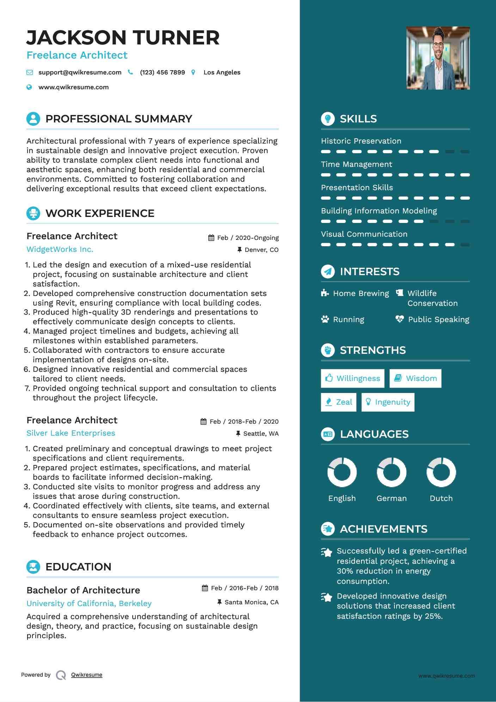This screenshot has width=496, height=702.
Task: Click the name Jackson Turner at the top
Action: tap(123, 38)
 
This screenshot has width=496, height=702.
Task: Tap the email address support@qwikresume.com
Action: tap(80, 72)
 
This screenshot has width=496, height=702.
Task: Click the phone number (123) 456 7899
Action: tap(162, 72)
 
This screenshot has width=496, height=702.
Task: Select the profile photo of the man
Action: tap(438, 58)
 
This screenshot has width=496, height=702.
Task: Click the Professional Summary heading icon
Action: tap(33, 119)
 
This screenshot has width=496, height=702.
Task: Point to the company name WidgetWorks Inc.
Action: tap(60, 249)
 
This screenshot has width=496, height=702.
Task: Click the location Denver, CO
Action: tap(261, 250)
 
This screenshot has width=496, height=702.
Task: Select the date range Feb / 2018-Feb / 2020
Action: tap(244, 422)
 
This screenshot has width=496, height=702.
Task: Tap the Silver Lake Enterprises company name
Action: tap(71, 433)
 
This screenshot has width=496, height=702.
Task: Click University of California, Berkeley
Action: tap(89, 604)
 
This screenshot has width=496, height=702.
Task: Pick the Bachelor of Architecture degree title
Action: tap(83, 590)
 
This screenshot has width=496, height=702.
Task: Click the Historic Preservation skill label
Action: tap(361, 141)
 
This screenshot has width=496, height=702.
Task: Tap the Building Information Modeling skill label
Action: tap(379, 211)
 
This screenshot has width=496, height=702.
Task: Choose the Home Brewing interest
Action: tap(361, 293)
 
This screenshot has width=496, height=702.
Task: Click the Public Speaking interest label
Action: tap(438, 320)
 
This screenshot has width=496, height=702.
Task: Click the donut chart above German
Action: tap(391, 472)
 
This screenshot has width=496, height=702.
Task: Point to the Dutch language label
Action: tap(441, 498)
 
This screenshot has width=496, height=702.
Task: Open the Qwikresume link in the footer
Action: tap(87, 675)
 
